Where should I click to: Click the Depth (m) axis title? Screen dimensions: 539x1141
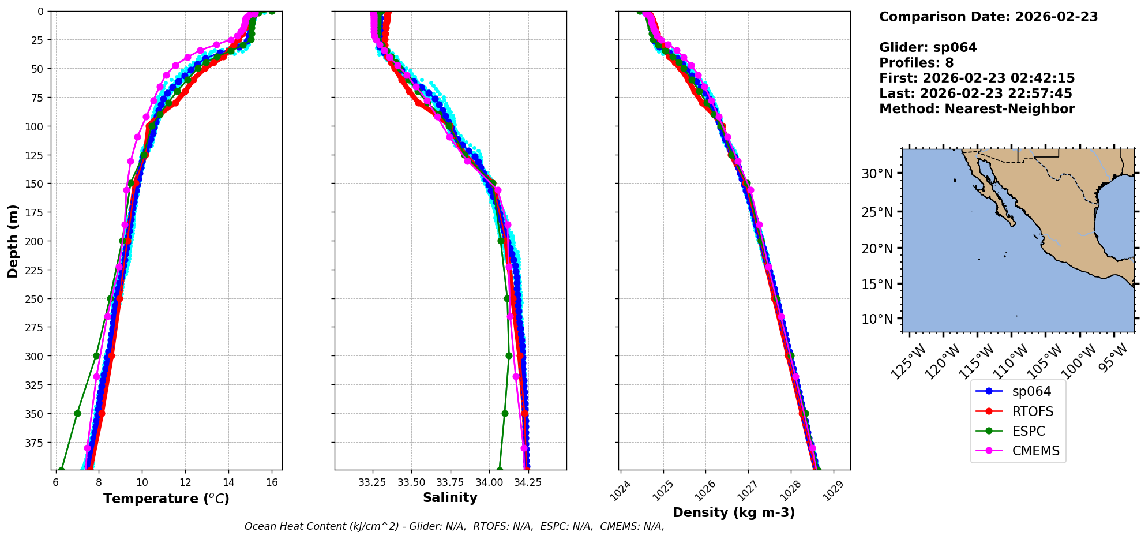coord(13,241)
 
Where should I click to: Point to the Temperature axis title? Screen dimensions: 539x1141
coord(166,499)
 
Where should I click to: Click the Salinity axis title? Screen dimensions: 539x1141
coord(450,497)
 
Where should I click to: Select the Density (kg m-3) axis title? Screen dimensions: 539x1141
coord(734,512)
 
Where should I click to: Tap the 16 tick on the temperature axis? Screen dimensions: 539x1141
coord(272,482)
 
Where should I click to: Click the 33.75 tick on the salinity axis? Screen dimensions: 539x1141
coord(450,482)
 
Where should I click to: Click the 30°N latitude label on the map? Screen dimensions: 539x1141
coord(877,174)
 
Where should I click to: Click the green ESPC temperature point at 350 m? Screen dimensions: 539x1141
coord(77,413)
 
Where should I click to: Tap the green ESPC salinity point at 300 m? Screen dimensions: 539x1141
coord(509,355)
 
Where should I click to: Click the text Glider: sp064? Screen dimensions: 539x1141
coord(928,47)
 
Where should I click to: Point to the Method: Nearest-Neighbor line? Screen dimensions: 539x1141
coord(977,109)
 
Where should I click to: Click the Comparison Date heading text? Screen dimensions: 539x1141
coord(988,17)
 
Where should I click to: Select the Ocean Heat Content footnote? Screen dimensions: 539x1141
coord(454,526)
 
